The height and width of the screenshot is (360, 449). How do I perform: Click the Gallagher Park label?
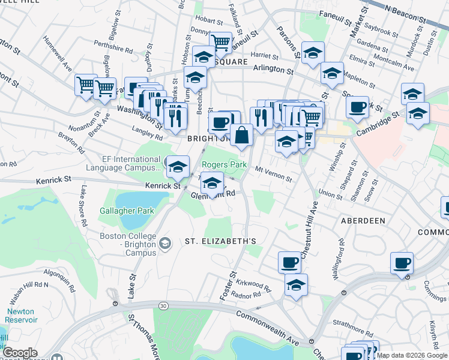[x=127, y=211]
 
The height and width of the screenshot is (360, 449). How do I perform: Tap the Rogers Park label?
[x=224, y=165]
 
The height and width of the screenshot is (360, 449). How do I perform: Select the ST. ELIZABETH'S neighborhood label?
[x=220, y=241]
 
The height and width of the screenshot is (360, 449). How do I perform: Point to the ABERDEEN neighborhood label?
[x=363, y=221]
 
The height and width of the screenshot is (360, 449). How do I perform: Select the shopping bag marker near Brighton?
[x=241, y=135]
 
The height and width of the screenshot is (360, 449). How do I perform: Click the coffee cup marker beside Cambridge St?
[x=357, y=107]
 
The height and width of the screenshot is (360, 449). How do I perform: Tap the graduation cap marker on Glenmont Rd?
[x=211, y=182]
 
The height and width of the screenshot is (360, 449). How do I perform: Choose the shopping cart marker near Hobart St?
[x=220, y=42]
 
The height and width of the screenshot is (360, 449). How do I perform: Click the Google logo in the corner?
[x=20, y=353]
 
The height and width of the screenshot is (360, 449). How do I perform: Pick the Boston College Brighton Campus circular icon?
[x=166, y=243]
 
